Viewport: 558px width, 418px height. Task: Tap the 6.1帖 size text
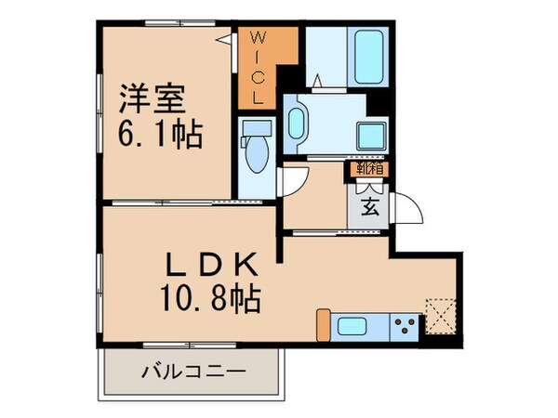pos(160,136)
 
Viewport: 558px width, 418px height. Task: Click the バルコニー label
pos(193,373)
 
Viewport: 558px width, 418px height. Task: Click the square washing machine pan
pos(371,134)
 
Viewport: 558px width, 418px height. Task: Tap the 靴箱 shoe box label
pos(367,169)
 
